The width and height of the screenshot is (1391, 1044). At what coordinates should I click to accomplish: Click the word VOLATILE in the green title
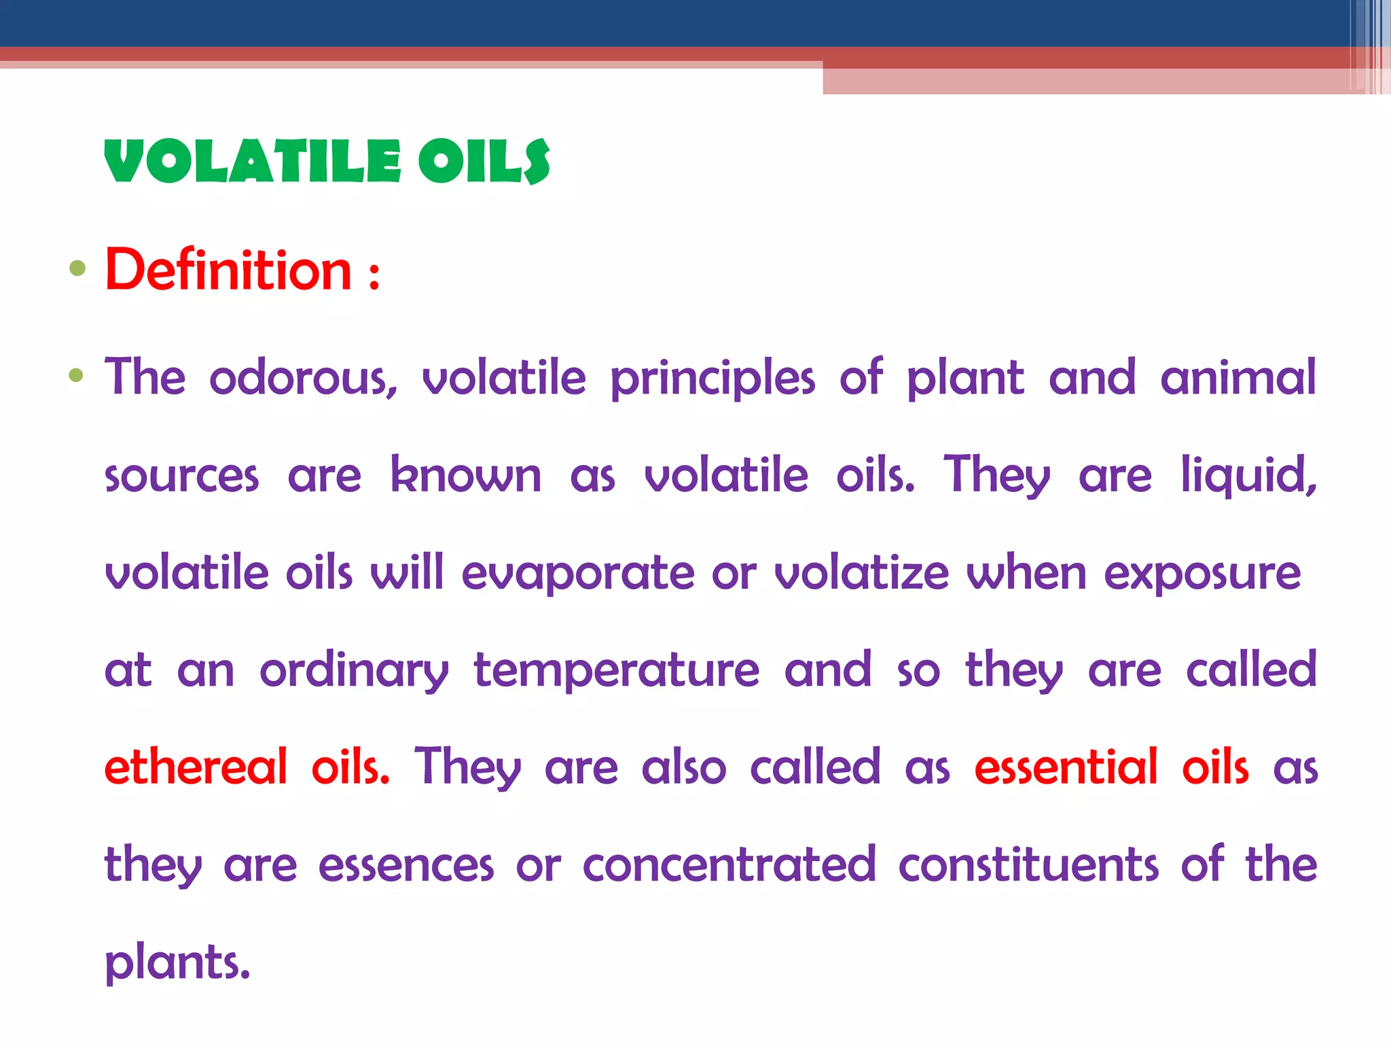253,162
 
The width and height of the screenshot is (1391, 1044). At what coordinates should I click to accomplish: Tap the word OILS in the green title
484,162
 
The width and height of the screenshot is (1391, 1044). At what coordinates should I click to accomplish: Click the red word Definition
228,271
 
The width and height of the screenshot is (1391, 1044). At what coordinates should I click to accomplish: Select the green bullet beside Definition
77,268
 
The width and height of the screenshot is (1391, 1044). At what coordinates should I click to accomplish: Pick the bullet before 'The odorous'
76,375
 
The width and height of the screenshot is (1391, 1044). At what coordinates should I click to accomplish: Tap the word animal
1238,378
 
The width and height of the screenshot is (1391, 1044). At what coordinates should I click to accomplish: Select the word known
466,475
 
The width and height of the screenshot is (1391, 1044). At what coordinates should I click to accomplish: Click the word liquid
1248,476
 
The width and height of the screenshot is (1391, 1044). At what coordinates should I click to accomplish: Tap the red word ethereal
196,767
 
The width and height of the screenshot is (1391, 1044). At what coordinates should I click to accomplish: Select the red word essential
1066,767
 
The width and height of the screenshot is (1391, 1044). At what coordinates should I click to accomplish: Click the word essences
405,866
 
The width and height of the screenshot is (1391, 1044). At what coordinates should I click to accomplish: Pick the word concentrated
729,865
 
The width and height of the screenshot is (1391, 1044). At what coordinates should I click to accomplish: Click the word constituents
1028,865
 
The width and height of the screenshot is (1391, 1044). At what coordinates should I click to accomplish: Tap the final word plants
177,963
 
